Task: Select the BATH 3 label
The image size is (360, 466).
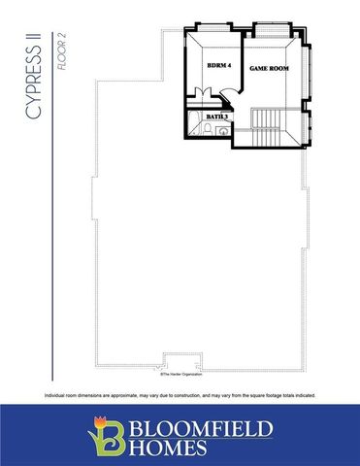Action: [216, 116]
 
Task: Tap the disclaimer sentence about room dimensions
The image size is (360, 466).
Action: [180, 395]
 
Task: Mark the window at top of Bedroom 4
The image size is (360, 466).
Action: [214, 28]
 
